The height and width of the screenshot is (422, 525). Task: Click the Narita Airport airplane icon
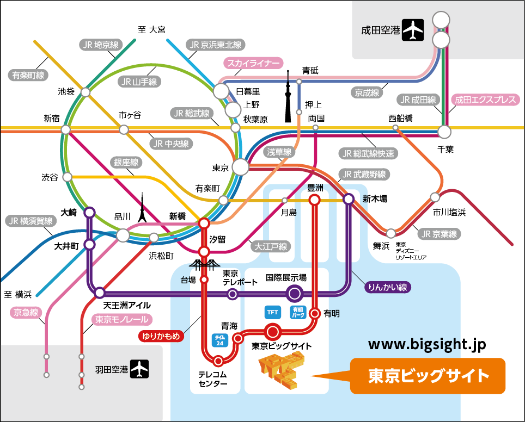(413, 30)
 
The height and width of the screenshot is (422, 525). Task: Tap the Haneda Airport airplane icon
(139, 369)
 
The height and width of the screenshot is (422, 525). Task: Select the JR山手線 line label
(139, 82)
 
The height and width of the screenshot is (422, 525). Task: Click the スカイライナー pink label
(253, 63)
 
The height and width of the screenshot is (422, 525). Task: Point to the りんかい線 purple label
(387, 287)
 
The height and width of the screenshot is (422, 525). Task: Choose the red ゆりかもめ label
(161, 336)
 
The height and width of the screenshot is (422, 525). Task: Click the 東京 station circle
(240, 167)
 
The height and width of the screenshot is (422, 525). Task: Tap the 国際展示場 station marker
(294, 294)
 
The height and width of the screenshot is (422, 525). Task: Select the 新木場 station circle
(348, 199)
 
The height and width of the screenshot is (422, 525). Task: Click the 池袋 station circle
(86, 92)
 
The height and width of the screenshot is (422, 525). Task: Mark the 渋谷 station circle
(68, 177)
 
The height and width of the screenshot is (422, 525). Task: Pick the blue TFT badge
(272, 312)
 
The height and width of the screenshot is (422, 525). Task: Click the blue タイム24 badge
(219, 340)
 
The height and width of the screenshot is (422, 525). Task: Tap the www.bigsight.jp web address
(427, 345)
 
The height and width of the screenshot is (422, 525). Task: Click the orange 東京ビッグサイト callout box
(427, 376)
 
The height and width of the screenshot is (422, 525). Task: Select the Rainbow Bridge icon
(204, 264)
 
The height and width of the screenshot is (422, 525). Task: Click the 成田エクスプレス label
(485, 100)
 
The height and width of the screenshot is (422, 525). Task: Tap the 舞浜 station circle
(390, 233)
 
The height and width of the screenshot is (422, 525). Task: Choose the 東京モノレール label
(122, 319)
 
